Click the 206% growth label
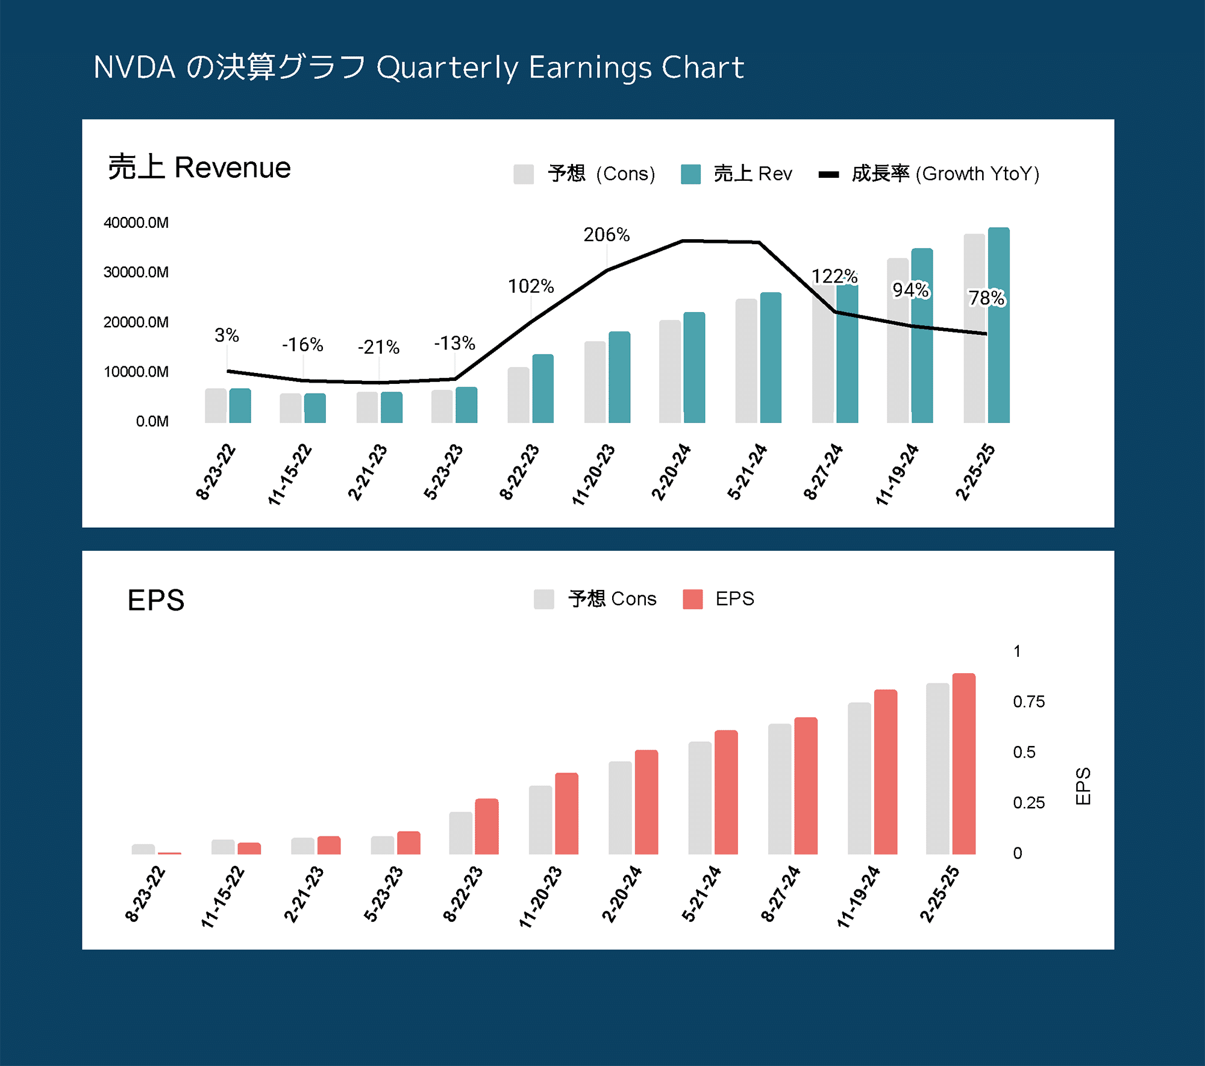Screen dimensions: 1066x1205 click(606, 234)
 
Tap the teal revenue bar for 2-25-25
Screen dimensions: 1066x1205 click(998, 325)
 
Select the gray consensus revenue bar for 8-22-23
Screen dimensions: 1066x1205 click(518, 395)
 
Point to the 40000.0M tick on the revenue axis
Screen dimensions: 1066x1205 click(136, 222)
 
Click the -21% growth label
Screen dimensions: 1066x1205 click(378, 347)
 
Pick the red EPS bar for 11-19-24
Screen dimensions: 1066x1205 click(885, 771)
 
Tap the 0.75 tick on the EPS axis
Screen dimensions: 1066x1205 click(1028, 701)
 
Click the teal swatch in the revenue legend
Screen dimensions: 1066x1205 click(690, 174)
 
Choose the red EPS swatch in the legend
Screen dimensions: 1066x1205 click(692, 599)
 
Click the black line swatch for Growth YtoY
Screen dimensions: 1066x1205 click(828, 175)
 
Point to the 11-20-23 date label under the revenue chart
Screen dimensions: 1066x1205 click(593, 475)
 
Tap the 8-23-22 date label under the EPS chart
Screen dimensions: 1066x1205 click(145, 894)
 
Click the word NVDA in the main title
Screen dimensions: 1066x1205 click(134, 67)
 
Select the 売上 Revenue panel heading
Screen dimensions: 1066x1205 click(199, 167)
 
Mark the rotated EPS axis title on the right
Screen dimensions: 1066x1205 click(1083, 786)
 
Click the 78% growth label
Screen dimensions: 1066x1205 click(986, 298)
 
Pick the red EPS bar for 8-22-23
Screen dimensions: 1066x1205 click(486, 826)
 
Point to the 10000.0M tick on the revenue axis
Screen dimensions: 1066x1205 click(136, 371)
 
